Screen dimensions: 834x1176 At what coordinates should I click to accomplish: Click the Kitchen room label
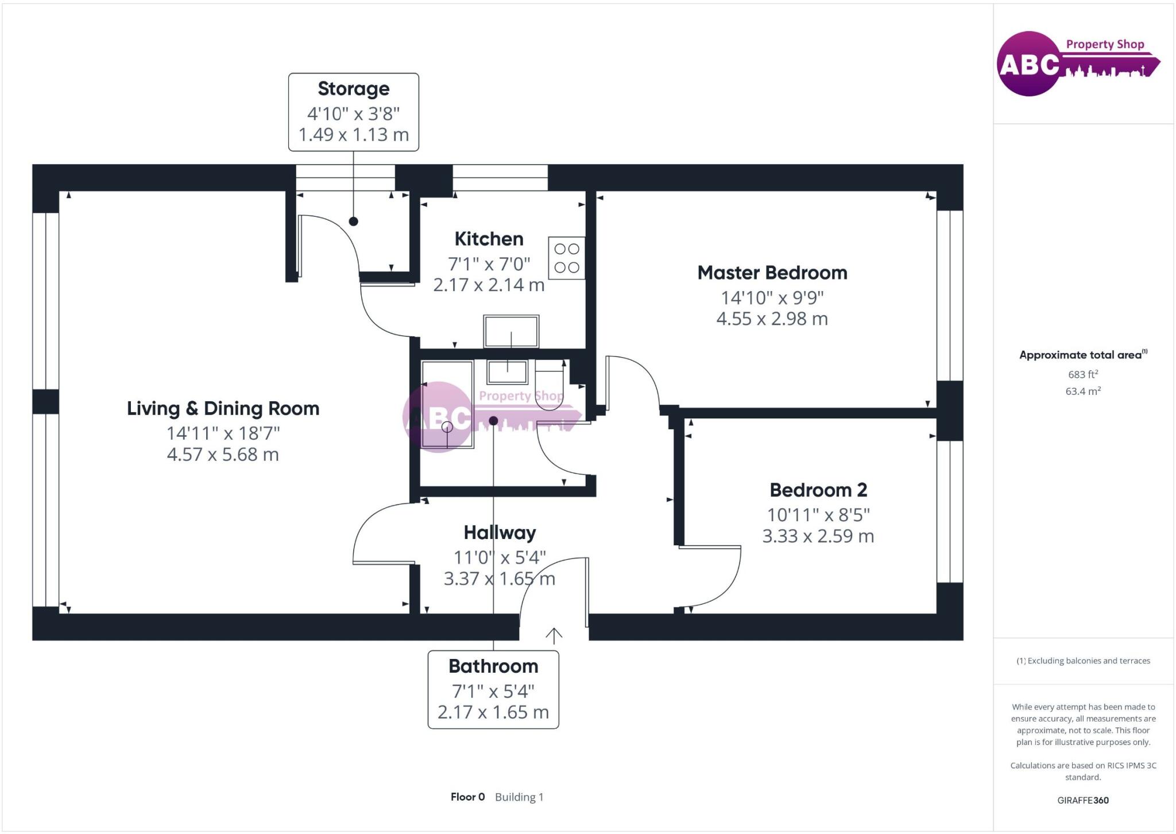[489, 239]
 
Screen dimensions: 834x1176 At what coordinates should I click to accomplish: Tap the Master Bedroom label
[772, 273]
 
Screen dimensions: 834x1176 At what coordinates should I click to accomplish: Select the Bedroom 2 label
[818, 490]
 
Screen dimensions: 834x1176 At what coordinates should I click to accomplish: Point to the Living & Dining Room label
[223, 409]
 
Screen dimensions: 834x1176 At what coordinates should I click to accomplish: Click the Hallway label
[500, 533]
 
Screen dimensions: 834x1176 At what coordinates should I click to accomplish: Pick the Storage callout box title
[353, 89]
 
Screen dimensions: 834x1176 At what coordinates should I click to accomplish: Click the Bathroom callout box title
[493, 666]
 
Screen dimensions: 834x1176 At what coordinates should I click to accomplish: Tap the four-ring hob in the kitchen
[566, 258]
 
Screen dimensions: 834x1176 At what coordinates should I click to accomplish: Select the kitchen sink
[511, 331]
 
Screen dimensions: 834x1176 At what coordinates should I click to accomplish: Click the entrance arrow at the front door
[554, 635]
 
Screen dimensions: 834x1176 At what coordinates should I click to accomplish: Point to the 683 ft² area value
[1083, 374]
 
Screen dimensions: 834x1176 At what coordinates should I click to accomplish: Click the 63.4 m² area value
[1083, 391]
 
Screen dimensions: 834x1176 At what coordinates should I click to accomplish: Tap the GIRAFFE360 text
[1083, 800]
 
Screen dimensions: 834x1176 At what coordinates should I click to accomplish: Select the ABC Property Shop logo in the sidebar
[1077, 63]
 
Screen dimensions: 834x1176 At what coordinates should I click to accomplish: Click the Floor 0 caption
[467, 797]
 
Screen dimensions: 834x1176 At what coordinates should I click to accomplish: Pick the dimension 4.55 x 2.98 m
[772, 319]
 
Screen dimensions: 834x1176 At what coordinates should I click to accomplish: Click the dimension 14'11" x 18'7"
[223, 433]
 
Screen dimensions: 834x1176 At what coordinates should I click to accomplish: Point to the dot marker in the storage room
[353, 221]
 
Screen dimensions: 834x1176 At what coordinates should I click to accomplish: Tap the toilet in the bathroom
[550, 383]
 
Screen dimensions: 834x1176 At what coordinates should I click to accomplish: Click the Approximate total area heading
[1082, 355]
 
